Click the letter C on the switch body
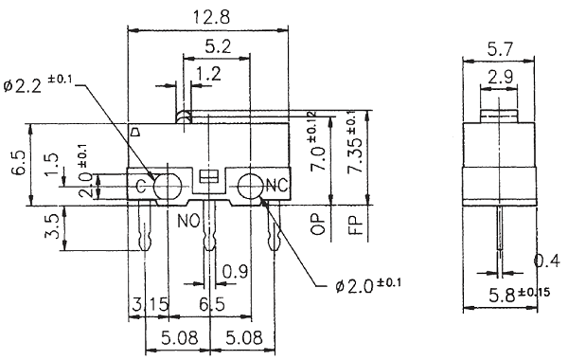(140, 186)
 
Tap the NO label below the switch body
(186, 220)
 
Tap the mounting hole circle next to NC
(251, 186)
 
